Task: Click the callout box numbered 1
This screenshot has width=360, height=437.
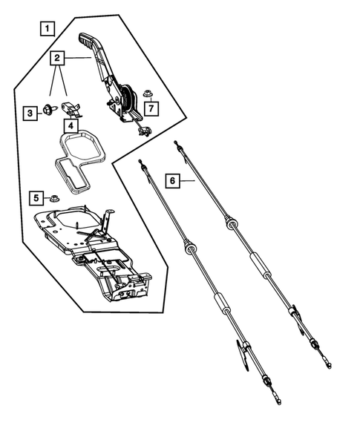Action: [x=47, y=30]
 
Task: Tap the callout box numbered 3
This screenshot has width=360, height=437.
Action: [x=30, y=113]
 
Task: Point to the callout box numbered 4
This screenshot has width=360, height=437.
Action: [x=69, y=126]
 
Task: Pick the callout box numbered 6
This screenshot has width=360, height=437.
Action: [x=172, y=180]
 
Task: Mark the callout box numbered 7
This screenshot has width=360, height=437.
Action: [x=151, y=110]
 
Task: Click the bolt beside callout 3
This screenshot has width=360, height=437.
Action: [x=48, y=111]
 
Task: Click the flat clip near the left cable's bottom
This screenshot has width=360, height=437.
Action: [x=243, y=354]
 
